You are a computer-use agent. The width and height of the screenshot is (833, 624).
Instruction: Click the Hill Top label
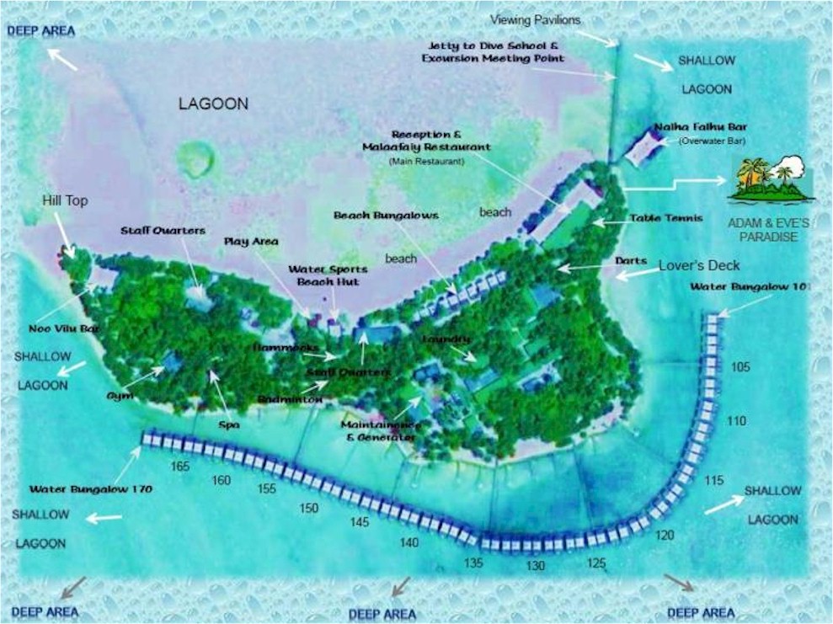[64, 201]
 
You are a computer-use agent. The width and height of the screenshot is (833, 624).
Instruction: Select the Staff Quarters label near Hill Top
[163, 230]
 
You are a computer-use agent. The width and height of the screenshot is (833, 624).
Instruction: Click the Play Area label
[251, 242]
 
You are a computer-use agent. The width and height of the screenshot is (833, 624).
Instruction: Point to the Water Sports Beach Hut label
[323, 275]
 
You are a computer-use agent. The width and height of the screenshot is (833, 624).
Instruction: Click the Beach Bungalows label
[386, 216]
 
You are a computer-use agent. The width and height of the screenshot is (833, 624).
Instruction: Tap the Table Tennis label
[665, 218]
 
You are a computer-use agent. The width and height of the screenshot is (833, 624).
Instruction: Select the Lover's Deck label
[699, 265]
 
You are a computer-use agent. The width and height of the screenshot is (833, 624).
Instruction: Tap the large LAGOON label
[213, 104]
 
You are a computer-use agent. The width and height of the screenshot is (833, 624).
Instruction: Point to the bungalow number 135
[473, 563]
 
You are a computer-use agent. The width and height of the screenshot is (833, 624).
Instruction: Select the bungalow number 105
[740, 367]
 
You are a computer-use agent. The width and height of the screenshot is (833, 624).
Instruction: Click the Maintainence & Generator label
[378, 431]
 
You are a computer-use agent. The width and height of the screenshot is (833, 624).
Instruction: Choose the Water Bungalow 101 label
[749, 287]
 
